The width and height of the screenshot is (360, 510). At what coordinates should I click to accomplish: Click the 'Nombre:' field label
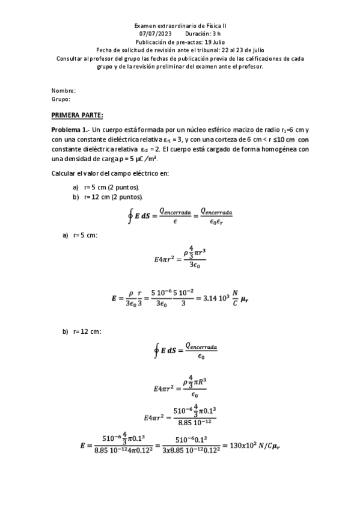63,90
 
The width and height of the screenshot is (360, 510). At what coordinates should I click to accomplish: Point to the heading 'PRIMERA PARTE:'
78,114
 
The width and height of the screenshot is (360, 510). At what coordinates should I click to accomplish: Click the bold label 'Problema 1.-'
70,131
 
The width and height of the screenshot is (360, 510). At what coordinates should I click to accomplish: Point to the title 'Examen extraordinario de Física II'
180,26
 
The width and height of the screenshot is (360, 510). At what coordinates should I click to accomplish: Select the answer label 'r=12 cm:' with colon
87,331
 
